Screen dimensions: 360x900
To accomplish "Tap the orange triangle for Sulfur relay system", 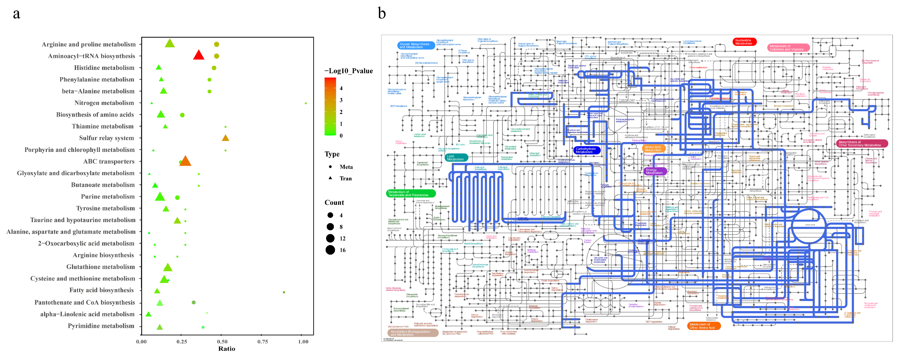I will point(225,138).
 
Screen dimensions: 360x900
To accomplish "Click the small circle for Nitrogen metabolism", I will point(306,103).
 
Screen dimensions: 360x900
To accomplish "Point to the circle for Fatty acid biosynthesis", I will point(284,292).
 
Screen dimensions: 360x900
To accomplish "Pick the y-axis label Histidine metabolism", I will point(104,68).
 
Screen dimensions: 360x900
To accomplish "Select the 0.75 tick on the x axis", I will point(263,341).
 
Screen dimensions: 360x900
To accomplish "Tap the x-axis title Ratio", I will point(226,349).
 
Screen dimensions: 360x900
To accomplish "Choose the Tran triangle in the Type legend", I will point(330,178).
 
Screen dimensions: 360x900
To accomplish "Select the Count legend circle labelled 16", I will point(330,250).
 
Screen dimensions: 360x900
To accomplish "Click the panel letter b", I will point(382,14).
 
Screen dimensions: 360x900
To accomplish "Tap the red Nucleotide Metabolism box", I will point(744,42).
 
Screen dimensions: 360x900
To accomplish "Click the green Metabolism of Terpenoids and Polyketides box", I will point(410,193).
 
